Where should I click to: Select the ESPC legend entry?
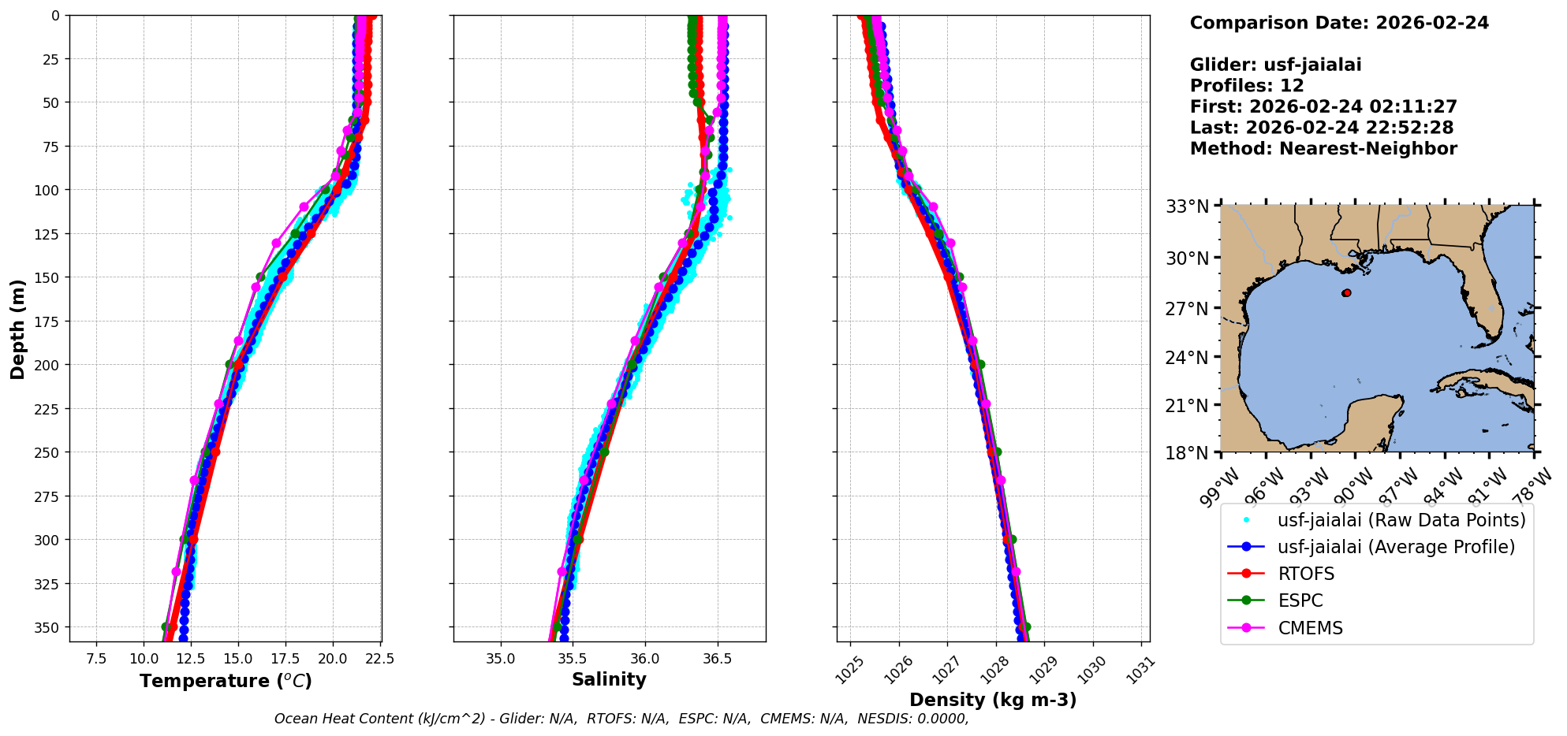click(1300, 600)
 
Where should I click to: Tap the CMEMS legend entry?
click(1310, 628)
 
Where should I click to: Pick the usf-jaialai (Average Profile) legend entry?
click(1396, 547)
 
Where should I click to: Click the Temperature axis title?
click(226, 681)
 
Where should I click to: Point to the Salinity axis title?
click(609, 679)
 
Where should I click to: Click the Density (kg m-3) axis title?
click(993, 700)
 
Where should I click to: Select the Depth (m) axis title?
click(17, 329)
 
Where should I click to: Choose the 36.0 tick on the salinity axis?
click(645, 659)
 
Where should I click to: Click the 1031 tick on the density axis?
click(1141, 670)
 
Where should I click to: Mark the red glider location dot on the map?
click(1346, 293)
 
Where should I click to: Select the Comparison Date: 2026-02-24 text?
click(1339, 23)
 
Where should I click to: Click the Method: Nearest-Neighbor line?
click(1323, 148)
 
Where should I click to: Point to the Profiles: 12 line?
click(1247, 85)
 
